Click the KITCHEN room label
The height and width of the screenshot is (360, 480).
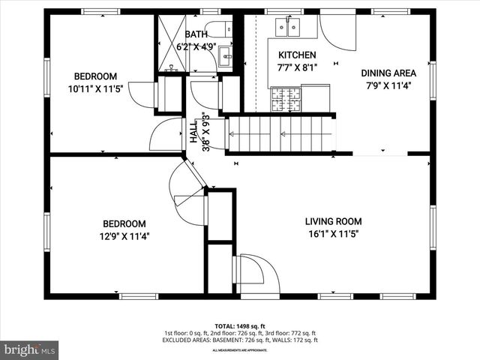tap(297, 55)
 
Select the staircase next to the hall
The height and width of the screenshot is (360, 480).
tap(280, 134)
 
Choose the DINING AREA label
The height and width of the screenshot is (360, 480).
tap(388, 73)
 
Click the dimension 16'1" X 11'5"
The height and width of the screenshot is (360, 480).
tap(333, 233)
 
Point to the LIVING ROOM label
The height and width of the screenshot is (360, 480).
tap(333, 221)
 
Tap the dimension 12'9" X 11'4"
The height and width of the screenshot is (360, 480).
tap(124, 235)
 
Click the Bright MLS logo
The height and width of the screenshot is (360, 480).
tap(30, 349)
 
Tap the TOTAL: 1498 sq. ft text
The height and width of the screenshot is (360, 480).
tap(239, 326)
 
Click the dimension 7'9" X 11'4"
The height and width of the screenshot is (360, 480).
tap(388, 85)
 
